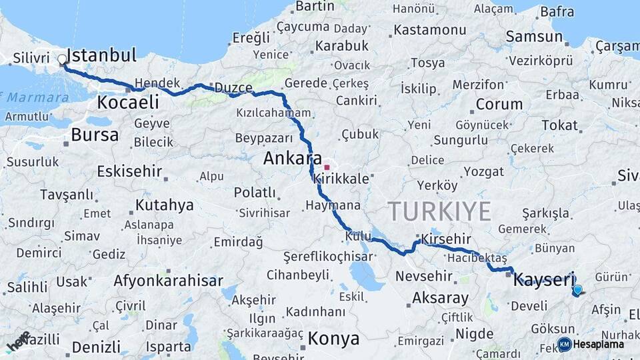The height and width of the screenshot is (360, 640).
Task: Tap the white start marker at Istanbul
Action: pos(63,60)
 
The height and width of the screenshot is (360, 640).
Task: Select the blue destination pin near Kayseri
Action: pos(577,290)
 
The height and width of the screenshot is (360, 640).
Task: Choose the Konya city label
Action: pos(333,338)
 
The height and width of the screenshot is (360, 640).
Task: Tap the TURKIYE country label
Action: pos(440,211)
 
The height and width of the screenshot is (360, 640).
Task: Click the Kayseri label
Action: pos(543,279)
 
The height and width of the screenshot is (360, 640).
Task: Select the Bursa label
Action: pos(95,135)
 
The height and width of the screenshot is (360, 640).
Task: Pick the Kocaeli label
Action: pos(128,102)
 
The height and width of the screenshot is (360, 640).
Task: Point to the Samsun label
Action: pos(534,37)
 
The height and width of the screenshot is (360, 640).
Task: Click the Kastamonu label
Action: pos(429,30)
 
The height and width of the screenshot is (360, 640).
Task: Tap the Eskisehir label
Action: pos(129,171)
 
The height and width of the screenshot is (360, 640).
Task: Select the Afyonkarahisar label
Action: pos(168,281)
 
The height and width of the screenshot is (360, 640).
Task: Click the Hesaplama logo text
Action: pos(599,344)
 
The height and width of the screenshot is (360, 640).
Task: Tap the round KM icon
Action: pos(564,344)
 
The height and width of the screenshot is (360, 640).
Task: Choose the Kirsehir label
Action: pos(445,239)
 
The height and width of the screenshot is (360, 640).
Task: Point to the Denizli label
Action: pos(96,347)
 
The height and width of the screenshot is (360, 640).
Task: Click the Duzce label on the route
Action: pos(233,88)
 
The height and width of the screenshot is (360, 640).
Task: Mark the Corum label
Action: pos(498,104)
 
